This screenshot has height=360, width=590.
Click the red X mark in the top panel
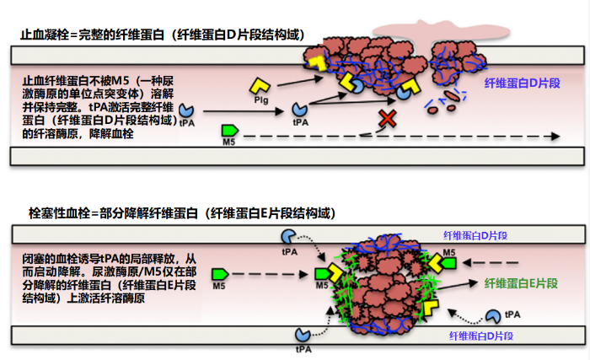[x=388, y=118]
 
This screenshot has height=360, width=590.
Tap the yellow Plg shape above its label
[x=260, y=85]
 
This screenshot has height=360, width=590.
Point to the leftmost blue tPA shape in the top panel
[x=186, y=112]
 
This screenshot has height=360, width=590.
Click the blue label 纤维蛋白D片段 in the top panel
[x=518, y=84]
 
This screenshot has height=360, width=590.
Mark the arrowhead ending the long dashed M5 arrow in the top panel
[x=557, y=136]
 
